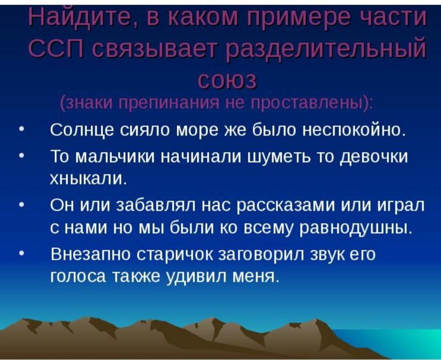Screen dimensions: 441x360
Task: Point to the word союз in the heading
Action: click(227, 80)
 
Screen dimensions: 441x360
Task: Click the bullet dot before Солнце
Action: click(21, 131)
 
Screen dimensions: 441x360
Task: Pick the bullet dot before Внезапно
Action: click(21, 254)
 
